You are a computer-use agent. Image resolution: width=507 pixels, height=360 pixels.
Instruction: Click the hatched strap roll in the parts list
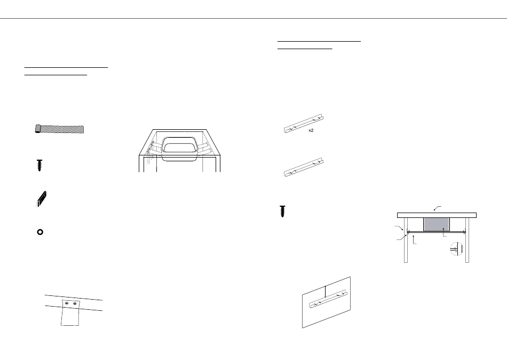click(59, 129)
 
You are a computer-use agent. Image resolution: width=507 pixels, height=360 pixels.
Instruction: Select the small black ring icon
click(39, 232)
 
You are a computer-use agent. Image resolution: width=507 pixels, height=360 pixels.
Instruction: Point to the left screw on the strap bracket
click(66, 304)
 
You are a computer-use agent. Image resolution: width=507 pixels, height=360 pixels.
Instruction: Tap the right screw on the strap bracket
click(75, 304)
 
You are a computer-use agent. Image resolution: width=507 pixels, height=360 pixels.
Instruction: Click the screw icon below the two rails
click(283, 211)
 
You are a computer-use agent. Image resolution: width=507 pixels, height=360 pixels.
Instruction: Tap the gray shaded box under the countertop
click(435, 224)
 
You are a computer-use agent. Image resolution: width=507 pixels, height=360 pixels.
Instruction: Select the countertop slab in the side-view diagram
click(437, 215)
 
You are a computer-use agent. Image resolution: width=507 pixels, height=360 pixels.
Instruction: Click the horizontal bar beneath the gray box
click(437, 232)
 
